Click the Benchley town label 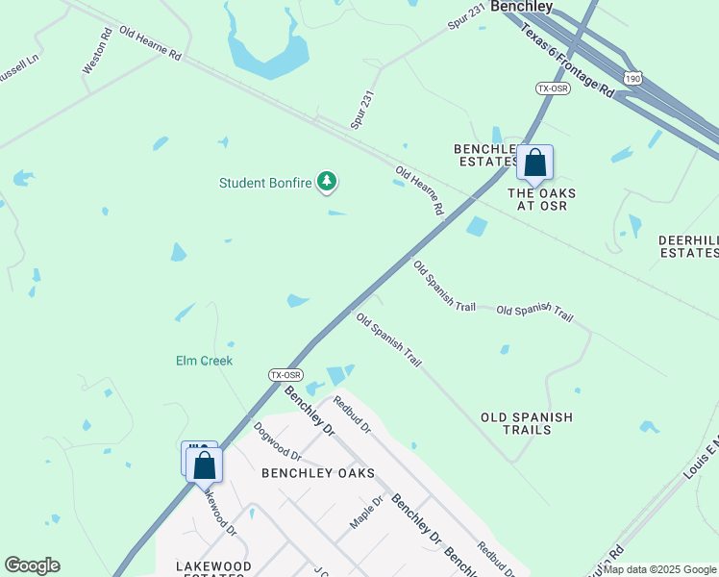tap(522, 7)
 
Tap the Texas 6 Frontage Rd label tap(567, 61)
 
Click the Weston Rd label tap(97, 50)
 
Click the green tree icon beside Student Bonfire tap(328, 181)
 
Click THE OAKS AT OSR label tap(542, 199)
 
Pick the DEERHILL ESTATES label tap(688, 246)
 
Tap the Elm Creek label tap(204, 361)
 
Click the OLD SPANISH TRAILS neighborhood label tap(527, 423)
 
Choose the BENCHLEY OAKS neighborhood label tap(304, 473)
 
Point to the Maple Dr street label tap(366, 512)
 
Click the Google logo tap(32, 565)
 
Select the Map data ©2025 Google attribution tap(660, 569)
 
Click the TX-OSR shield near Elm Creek tap(285, 375)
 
